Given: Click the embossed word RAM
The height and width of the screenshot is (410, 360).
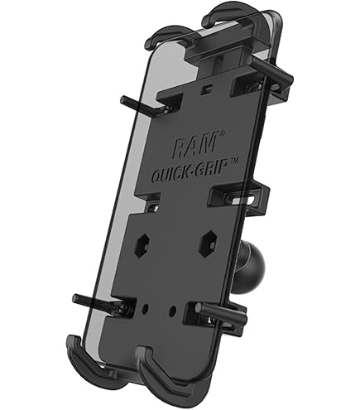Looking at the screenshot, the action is (x=194, y=145).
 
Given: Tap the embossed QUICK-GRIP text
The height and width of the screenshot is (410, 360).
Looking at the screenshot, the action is (x=190, y=171).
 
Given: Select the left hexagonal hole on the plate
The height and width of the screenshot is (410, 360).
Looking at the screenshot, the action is (x=142, y=244).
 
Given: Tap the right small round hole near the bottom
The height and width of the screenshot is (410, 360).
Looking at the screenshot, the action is (x=172, y=311).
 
